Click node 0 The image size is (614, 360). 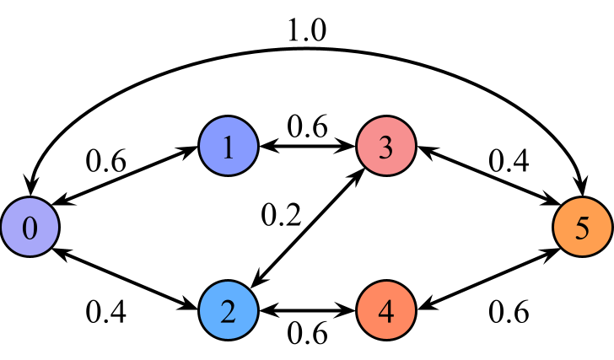(30, 227)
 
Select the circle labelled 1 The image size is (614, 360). (228, 147)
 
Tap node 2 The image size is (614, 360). (228, 310)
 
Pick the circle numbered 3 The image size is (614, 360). (386, 147)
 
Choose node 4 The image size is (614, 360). (386, 310)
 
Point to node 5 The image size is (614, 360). (582, 227)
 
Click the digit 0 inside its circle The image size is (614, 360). (30, 228)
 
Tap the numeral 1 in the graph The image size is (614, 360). (228, 148)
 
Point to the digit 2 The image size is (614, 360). (228, 311)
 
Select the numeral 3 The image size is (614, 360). (386, 148)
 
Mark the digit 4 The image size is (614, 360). (386, 311)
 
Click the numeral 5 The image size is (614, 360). (582, 228)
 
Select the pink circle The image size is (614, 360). (386, 147)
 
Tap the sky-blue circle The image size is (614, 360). (228, 310)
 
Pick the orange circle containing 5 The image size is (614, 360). (582, 227)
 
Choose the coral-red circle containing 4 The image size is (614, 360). (386, 310)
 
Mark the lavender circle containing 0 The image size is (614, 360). (30, 227)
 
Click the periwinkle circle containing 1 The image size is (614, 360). (228, 147)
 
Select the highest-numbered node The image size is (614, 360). (582, 227)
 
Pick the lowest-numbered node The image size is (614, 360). (30, 227)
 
